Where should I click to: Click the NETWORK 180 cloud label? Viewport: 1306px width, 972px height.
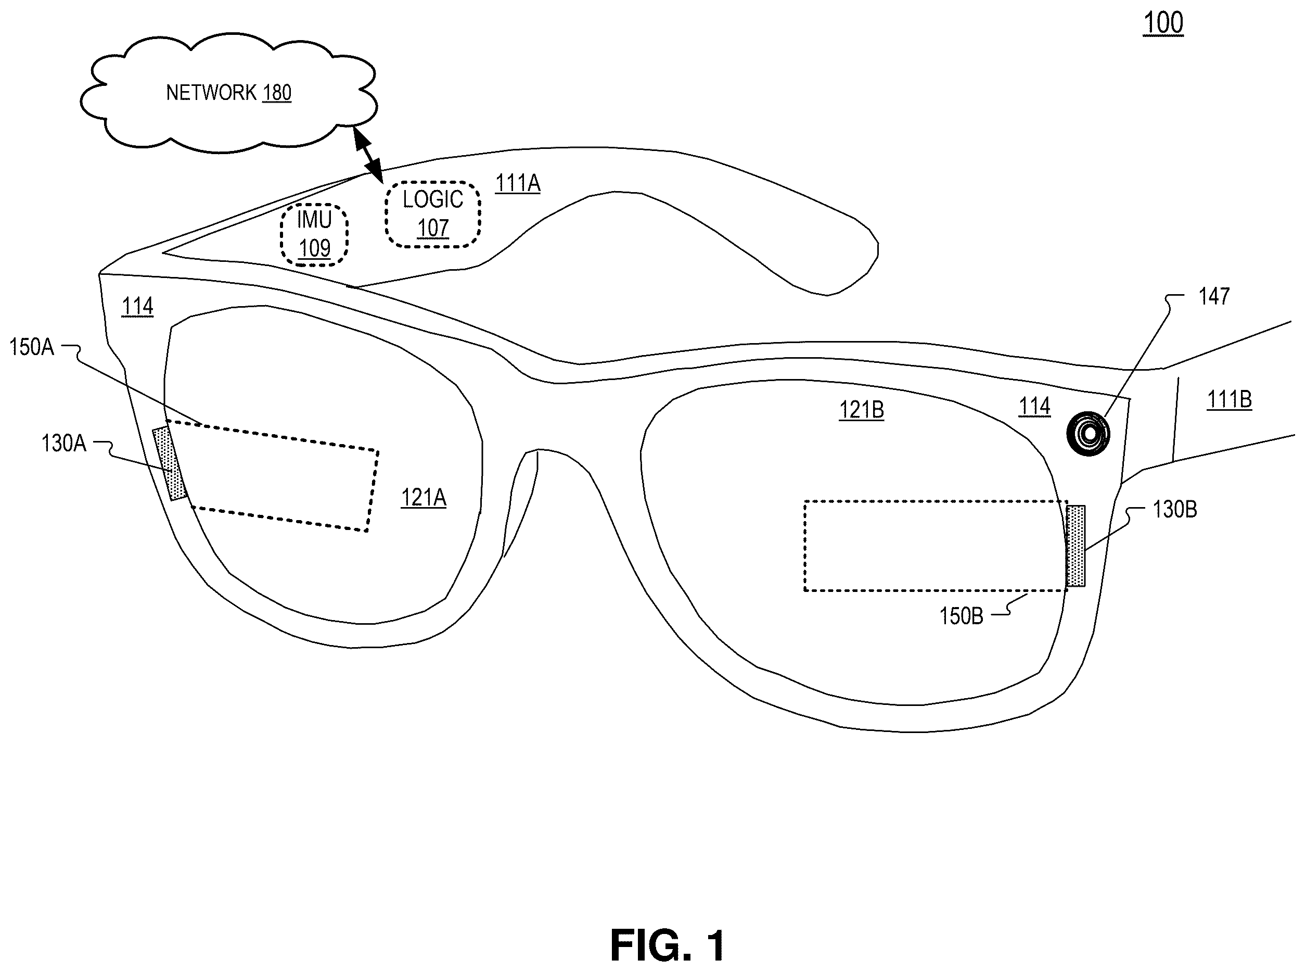pyautogui.click(x=229, y=93)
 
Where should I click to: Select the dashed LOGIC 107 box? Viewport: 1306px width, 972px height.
pyautogui.click(x=433, y=214)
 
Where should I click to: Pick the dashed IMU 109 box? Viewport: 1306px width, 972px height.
pyautogui.click(x=314, y=234)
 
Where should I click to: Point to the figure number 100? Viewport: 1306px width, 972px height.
pyautogui.click(x=1163, y=23)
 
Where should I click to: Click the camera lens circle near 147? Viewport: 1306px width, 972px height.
pyautogui.click(x=1088, y=434)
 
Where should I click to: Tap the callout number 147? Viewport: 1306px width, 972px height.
pyautogui.click(x=1214, y=297)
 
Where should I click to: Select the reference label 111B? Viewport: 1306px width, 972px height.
pyautogui.click(x=1229, y=400)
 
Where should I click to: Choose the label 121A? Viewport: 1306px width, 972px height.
pyautogui.click(x=424, y=498)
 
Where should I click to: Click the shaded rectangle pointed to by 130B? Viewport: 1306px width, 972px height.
pyautogui.click(x=1075, y=546)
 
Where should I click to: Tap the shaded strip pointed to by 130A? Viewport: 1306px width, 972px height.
pyautogui.click(x=169, y=464)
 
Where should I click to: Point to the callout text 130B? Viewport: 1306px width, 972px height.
pyautogui.click(x=1175, y=510)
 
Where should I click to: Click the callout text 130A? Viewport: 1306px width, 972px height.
pyautogui.click(x=63, y=444)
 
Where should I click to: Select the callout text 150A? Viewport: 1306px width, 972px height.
pyautogui.click(x=31, y=347)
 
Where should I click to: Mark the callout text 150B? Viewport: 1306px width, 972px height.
pyautogui.click(x=962, y=616)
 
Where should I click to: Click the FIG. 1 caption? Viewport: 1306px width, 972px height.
pyautogui.click(x=668, y=945)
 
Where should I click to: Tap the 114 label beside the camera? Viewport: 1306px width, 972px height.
pyautogui.click(x=1034, y=407)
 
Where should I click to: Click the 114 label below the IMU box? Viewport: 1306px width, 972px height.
pyautogui.click(x=137, y=307)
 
